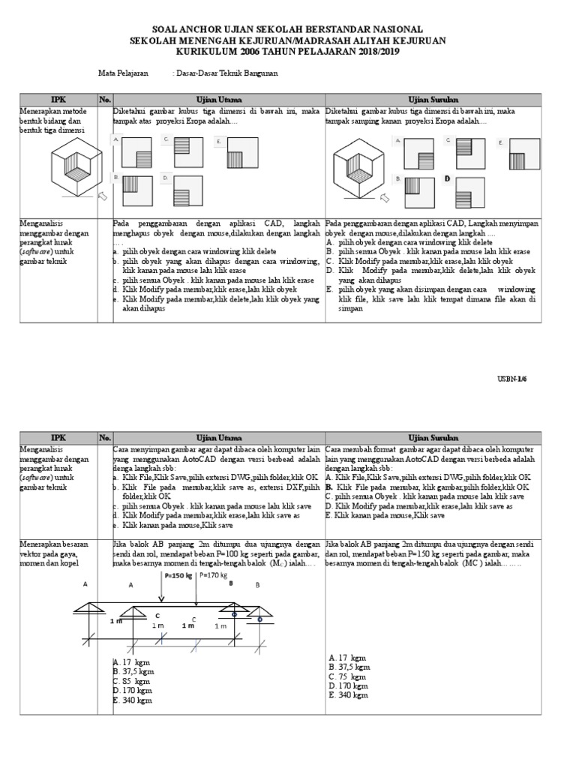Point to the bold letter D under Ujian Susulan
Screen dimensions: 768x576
point(447,178)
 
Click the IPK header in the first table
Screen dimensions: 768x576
point(58,99)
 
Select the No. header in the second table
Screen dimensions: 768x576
point(104,437)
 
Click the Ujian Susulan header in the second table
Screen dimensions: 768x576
point(433,437)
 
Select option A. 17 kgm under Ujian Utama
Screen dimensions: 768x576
point(128,662)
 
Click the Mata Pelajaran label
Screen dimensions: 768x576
point(123,73)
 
